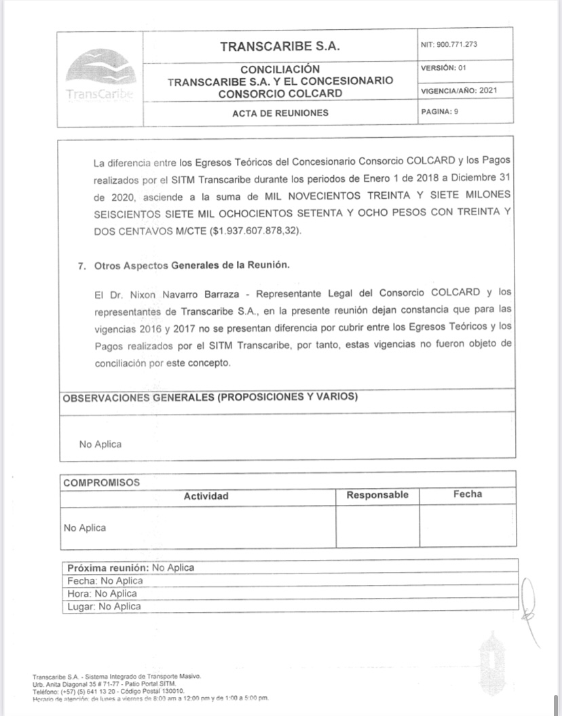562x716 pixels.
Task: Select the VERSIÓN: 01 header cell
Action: click(444, 68)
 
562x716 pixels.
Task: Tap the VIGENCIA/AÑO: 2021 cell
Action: click(460, 90)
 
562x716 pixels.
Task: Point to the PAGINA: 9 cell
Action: click(441, 112)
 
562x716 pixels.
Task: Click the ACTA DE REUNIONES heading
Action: click(280, 113)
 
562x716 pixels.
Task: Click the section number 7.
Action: click(82, 265)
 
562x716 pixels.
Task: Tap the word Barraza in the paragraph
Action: click(208, 293)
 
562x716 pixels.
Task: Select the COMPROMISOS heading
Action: click(101, 483)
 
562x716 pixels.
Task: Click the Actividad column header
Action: click(206, 496)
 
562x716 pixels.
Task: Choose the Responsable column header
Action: click(377, 495)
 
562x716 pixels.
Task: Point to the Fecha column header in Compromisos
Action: click(468, 494)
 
